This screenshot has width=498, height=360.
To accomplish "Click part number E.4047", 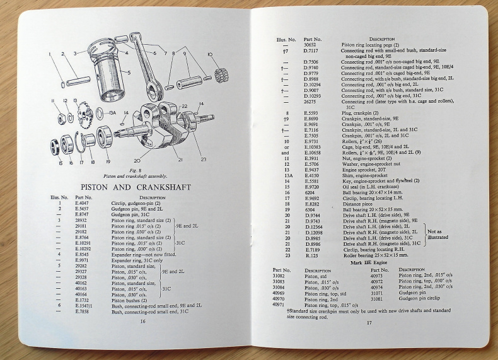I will (81, 203).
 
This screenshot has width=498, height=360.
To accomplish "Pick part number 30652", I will (310, 45).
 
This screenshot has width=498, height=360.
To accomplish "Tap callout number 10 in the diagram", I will (209, 55).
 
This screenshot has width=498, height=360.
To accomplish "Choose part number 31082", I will (279, 276).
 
